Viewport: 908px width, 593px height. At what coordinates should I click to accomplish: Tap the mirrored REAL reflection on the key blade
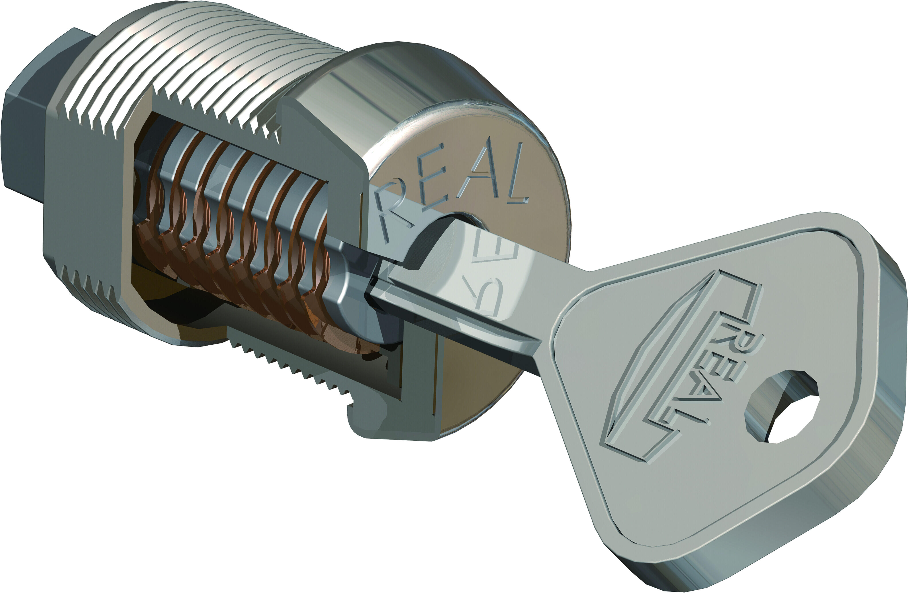pos(496,279)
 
